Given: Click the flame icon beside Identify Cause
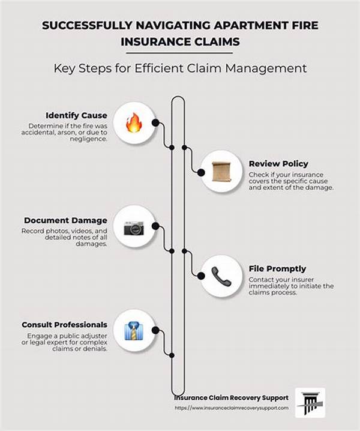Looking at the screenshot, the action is pyautogui.click(x=134, y=122).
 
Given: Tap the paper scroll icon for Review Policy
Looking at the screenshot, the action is pyautogui.click(x=221, y=172).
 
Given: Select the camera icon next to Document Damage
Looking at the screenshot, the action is pyautogui.click(x=134, y=228).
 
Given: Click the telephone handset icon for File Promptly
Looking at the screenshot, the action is pyautogui.click(x=221, y=276).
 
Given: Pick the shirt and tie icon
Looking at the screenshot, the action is pyautogui.click(x=134, y=331).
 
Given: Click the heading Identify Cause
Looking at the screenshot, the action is pyautogui.click(x=76, y=115).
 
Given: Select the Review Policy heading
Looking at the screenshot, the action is pyautogui.click(x=278, y=164).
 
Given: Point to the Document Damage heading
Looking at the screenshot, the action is pyautogui.click(x=65, y=220).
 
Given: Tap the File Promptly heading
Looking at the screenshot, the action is pyautogui.click(x=277, y=269).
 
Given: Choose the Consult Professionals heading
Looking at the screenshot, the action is pyautogui.click(x=65, y=325).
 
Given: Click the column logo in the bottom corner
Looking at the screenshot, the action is pyautogui.click(x=310, y=403).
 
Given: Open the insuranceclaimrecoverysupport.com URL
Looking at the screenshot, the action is pyautogui.click(x=232, y=408).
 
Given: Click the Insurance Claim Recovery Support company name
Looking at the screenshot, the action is pyautogui.click(x=232, y=398).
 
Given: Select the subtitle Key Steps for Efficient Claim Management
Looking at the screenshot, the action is pyautogui.click(x=180, y=68).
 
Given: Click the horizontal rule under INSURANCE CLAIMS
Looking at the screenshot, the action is pyautogui.click(x=179, y=53).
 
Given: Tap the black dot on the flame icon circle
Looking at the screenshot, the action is pyautogui.click(x=155, y=122).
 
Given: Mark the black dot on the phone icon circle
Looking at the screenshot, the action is pyautogui.click(x=201, y=276).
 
